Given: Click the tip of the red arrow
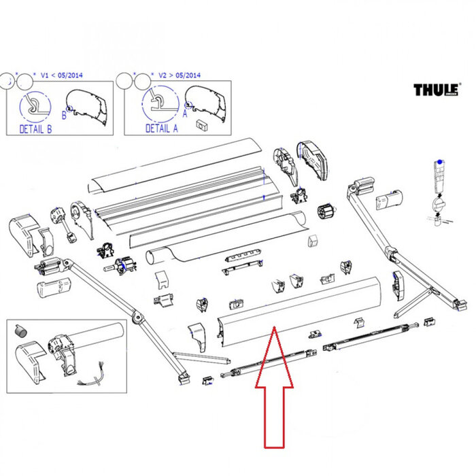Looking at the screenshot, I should click(x=273, y=328).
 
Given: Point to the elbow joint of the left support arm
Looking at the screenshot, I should click(x=137, y=317).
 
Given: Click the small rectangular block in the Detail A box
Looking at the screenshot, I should click(x=202, y=124).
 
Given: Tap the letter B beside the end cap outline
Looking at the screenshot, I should click(x=64, y=116).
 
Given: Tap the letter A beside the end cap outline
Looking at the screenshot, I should click(x=184, y=116).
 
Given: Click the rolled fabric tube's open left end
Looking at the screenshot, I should click(x=153, y=258).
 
